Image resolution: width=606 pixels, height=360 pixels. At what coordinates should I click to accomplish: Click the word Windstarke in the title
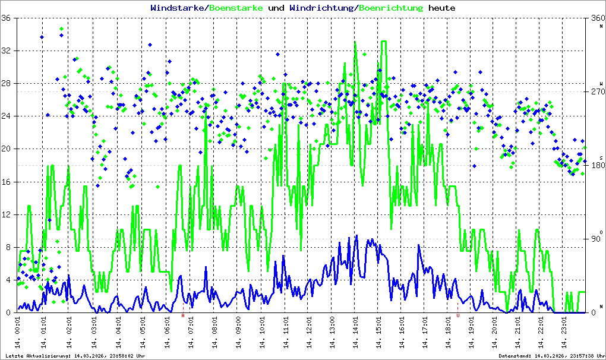(x=178, y=8)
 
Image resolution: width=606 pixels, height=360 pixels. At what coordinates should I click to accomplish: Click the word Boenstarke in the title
(x=236, y=8)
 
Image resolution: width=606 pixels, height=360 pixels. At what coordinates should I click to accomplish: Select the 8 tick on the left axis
(x=9, y=247)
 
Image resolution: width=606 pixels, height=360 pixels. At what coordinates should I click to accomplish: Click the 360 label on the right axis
(x=596, y=18)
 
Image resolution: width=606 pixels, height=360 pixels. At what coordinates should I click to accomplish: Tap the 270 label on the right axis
(x=596, y=91)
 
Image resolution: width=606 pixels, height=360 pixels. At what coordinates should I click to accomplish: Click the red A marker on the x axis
(x=183, y=315)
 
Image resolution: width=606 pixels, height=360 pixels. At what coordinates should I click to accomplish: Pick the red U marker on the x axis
(x=458, y=315)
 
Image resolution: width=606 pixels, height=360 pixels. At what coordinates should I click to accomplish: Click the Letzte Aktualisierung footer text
(x=75, y=356)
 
